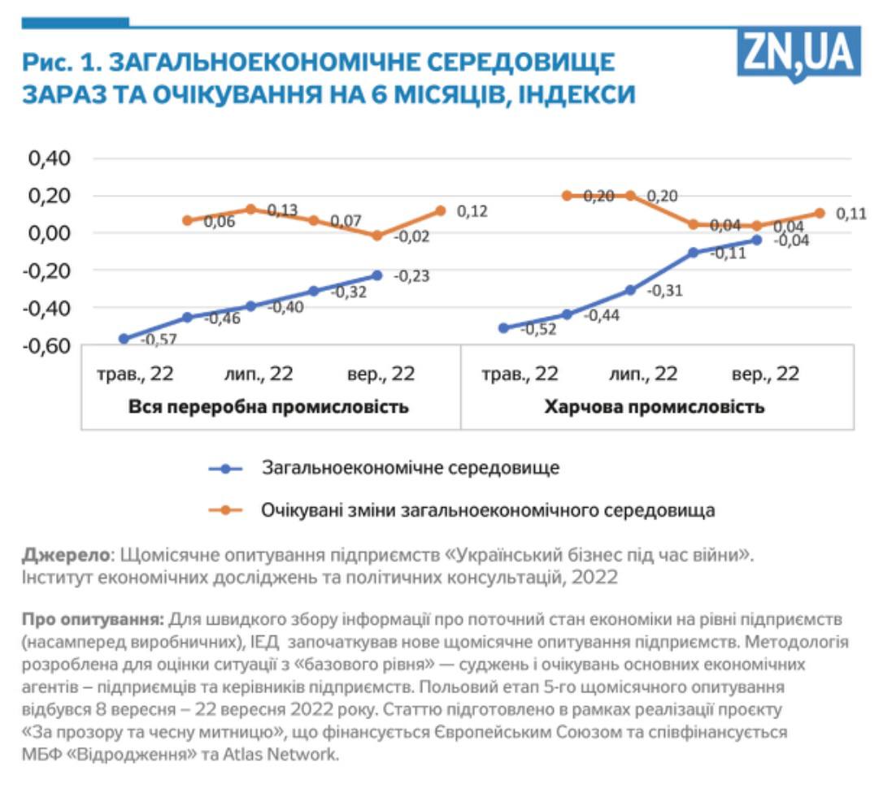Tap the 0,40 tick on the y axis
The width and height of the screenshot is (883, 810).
(50, 158)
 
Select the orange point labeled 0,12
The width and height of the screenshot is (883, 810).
(441, 210)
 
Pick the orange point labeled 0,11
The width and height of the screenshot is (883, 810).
(820, 213)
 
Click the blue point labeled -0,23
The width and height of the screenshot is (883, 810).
(377, 275)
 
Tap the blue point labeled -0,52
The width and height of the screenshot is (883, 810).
(503, 328)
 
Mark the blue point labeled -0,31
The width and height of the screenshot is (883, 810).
(630, 290)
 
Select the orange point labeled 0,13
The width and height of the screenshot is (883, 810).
(251, 209)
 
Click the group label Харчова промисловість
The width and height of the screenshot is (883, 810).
(655, 407)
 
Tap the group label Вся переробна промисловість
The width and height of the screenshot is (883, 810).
(269, 407)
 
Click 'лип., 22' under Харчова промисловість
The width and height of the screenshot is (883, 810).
(643, 375)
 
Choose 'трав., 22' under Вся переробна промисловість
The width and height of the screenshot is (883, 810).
(136, 375)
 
